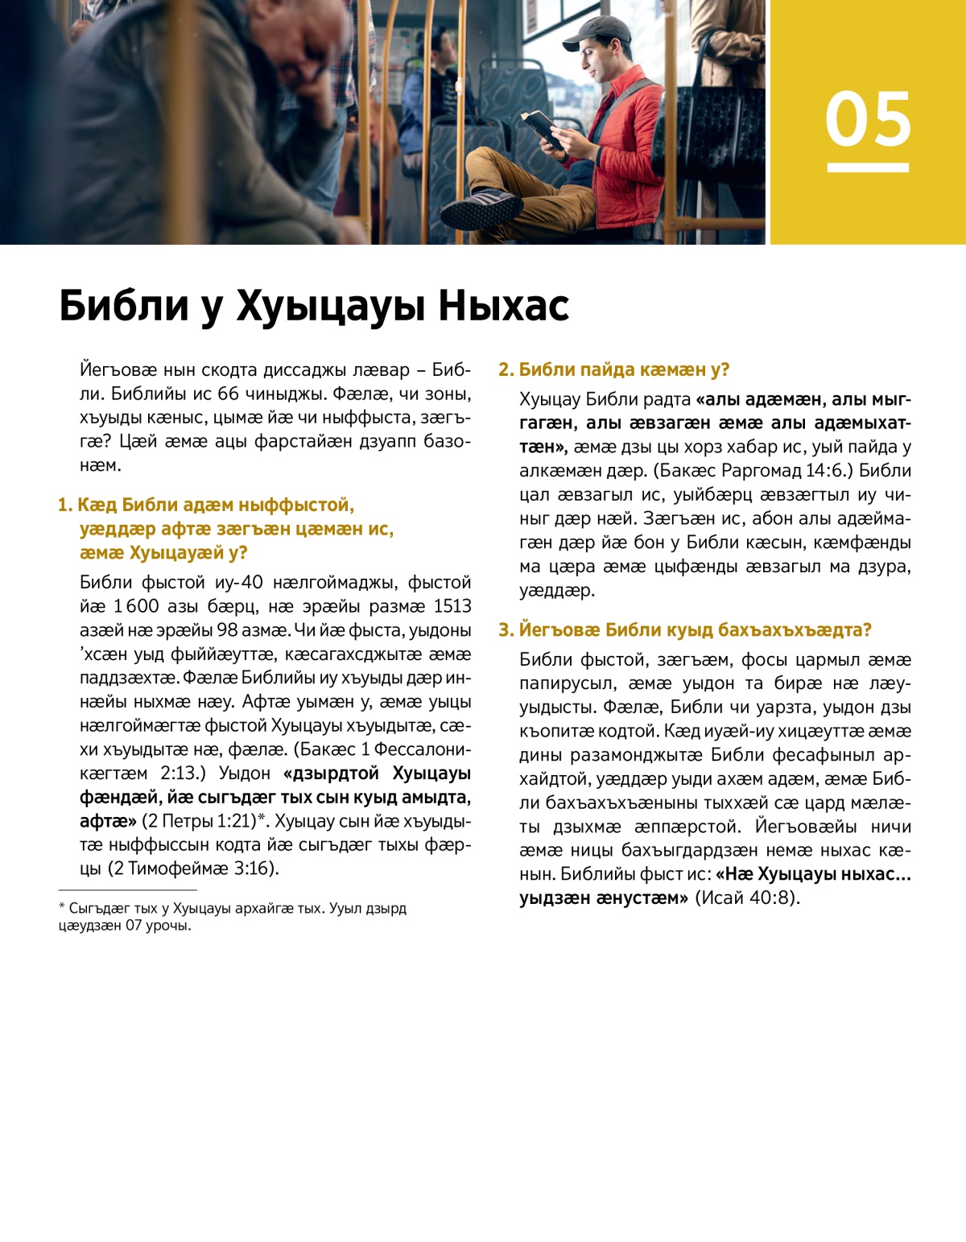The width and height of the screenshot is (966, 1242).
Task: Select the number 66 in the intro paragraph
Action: [x=229, y=394]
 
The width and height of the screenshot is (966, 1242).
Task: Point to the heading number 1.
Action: [x=65, y=505]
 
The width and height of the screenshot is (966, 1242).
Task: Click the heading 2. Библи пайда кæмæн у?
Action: [x=613, y=369]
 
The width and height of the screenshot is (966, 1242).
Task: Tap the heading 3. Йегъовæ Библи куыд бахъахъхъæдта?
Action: [x=684, y=629]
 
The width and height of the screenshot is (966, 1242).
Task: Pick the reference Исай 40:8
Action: [x=746, y=897]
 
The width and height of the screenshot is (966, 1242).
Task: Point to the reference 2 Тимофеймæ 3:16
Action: [x=192, y=869]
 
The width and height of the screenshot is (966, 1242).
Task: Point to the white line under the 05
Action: [x=868, y=167]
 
